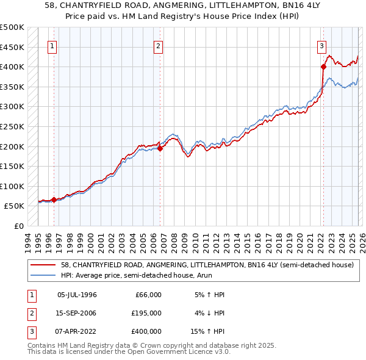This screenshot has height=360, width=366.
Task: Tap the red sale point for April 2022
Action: click(323, 67)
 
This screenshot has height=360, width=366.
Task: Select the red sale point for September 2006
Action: click(160, 148)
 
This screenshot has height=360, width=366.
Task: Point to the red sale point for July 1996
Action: click(54, 200)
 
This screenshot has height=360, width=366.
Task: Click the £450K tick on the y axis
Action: click(12, 47)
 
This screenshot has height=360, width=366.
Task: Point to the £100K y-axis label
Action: click(12, 186)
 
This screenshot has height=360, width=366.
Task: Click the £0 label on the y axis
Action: click(18, 226)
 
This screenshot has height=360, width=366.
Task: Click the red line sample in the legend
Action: click(43, 265)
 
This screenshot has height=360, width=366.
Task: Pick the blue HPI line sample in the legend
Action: click(43, 275)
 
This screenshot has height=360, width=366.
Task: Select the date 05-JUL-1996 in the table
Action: click(77, 295)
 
